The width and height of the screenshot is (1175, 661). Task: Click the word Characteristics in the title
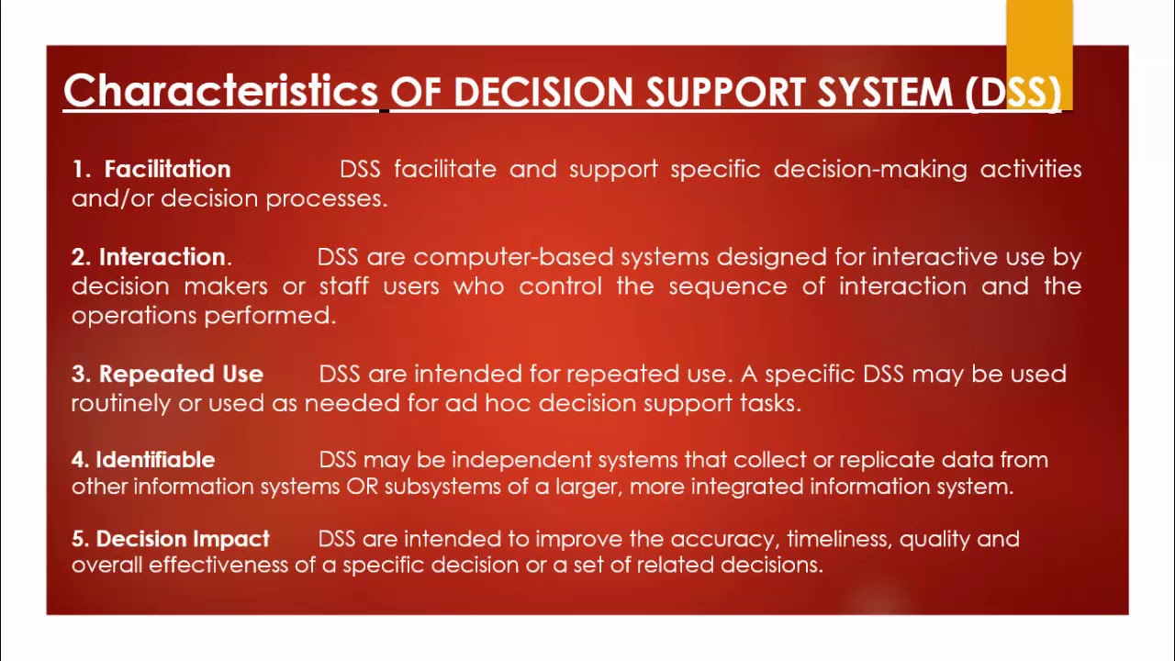[220, 91]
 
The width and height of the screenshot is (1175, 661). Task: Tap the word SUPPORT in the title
[724, 93]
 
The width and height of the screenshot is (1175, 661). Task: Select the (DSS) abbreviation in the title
[1013, 94]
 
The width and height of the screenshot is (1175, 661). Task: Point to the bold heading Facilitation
[167, 169]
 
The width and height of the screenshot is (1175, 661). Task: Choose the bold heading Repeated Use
[181, 374]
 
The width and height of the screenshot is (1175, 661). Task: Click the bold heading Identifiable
[155, 460]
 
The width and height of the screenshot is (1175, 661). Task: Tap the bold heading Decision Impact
[183, 539]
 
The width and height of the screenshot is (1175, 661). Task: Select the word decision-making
[870, 170]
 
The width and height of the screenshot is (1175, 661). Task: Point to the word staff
[344, 286]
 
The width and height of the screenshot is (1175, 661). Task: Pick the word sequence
[728, 287]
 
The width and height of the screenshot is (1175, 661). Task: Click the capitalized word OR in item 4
[362, 487]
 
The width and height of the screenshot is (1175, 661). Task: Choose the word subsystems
[442, 487]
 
